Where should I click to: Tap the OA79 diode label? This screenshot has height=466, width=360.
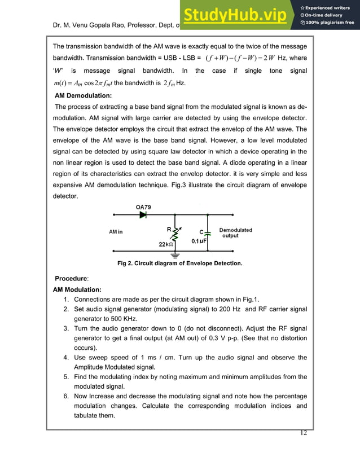click(x=144, y=206)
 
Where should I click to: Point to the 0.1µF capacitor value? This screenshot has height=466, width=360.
click(x=199, y=241)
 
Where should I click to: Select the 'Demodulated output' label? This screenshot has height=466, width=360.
click(x=235, y=232)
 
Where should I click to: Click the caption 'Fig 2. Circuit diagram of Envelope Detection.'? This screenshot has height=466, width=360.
click(x=179, y=263)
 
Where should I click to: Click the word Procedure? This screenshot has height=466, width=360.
click(x=71, y=279)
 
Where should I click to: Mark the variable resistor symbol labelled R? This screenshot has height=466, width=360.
click(x=174, y=232)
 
